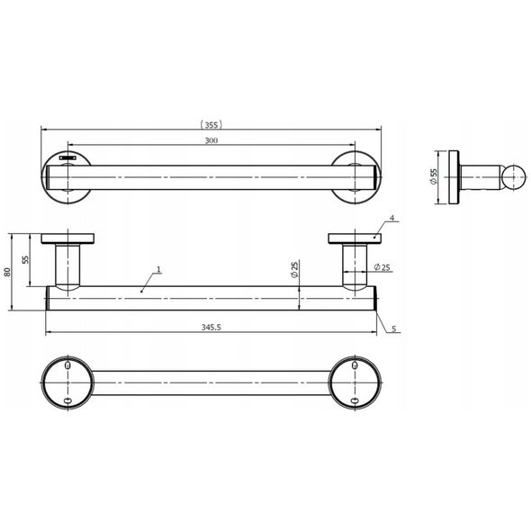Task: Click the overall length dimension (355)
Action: pyautogui.click(x=211, y=125)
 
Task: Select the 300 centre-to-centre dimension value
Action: pyautogui.click(x=211, y=140)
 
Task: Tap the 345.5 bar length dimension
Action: pyautogui.click(x=211, y=327)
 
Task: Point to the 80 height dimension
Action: pyautogui.click(x=7, y=272)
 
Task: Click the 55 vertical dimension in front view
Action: pyautogui.click(x=26, y=259)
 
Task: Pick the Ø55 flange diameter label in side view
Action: pyautogui.click(x=434, y=176)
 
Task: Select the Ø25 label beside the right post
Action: pyautogui.click(x=382, y=267)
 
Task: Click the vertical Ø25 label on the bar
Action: pyautogui.click(x=294, y=270)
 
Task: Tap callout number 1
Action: pyautogui.click(x=158, y=270)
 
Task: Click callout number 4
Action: pyautogui.click(x=392, y=218)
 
